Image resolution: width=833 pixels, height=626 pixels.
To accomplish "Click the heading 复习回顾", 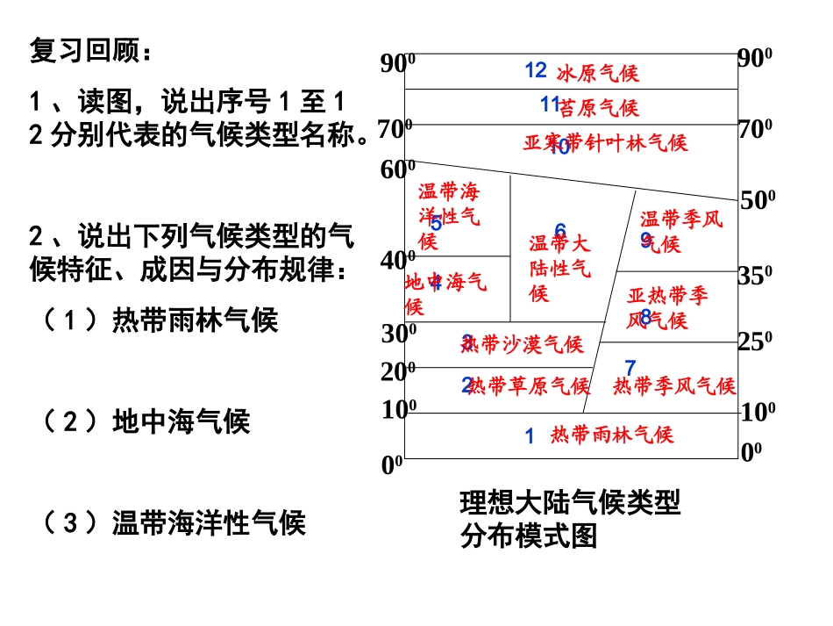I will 90,51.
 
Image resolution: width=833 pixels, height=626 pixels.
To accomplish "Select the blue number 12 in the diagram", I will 536,70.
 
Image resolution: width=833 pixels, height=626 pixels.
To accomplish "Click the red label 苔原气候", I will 600,108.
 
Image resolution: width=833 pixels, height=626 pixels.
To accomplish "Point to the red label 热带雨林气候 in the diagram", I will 612,435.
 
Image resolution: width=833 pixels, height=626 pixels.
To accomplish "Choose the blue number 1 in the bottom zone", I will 530,435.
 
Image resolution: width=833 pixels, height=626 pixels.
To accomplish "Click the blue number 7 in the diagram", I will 630,367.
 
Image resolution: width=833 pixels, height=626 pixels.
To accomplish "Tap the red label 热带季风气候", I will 674,386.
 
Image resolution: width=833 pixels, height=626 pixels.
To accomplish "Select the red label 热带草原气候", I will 529,386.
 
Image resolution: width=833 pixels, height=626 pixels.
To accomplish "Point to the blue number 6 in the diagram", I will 560,231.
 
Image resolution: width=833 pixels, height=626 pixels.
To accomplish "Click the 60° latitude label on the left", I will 398,169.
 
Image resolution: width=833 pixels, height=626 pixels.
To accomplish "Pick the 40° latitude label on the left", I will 398,261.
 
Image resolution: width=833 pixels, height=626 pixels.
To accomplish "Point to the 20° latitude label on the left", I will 398,371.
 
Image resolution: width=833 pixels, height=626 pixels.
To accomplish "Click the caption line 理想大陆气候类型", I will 570,504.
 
